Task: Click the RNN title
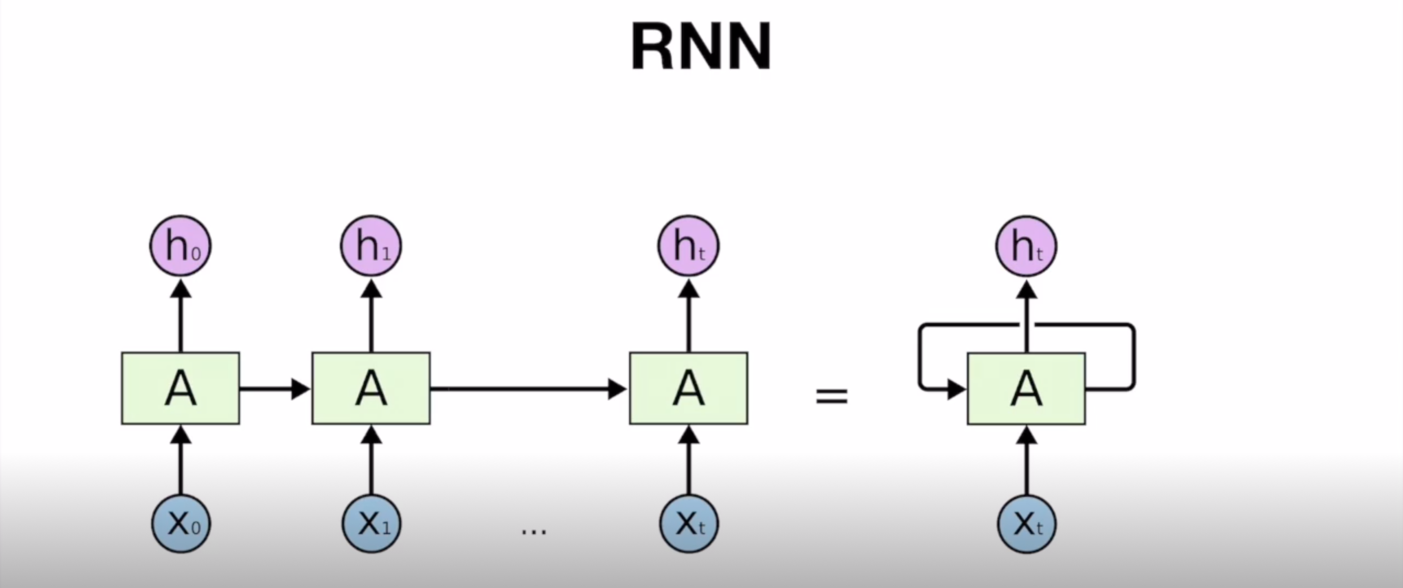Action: pyautogui.click(x=701, y=47)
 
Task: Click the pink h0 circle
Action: pyautogui.click(x=180, y=245)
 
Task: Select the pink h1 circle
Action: pyautogui.click(x=371, y=245)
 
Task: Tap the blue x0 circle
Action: pyautogui.click(x=181, y=523)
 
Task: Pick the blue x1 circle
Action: pyautogui.click(x=371, y=523)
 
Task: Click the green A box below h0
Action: pyautogui.click(x=180, y=388)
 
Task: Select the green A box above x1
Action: pyautogui.click(x=371, y=388)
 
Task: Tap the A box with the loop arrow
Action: pyautogui.click(x=1026, y=389)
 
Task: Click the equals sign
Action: pyautogui.click(x=832, y=396)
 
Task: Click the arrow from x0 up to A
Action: pyautogui.click(x=181, y=463)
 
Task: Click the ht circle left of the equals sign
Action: pyautogui.click(x=688, y=245)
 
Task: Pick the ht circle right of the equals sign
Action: pyautogui.click(x=1026, y=245)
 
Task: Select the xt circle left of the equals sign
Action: pyautogui.click(x=689, y=523)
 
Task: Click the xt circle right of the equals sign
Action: pyautogui.click(x=1026, y=523)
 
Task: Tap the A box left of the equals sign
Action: pyautogui.click(x=688, y=388)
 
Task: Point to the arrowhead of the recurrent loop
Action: pyautogui.click(x=956, y=389)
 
